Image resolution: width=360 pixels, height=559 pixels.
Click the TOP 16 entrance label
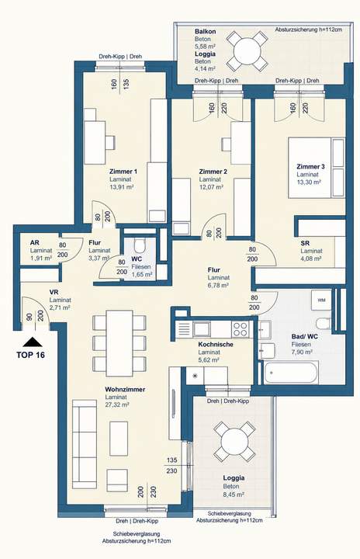(x=31, y=355)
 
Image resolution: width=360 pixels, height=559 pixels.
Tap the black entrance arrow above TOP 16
(x=33, y=342)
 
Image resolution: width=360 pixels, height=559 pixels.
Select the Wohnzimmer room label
(x=125, y=389)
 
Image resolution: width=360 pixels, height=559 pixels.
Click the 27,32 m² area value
(x=117, y=404)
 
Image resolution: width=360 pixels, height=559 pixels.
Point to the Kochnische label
(x=216, y=345)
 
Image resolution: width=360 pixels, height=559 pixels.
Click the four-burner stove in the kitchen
(x=240, y=329)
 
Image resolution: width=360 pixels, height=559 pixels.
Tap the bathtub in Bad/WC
(x=291, y=373)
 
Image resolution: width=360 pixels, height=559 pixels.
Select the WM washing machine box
(x=321, y=300)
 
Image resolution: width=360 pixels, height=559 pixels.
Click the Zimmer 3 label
(x=310, y=166)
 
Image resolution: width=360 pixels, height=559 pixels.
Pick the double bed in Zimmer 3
(x=317, y=168)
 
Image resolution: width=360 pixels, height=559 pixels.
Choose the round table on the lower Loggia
(x=234, y=442)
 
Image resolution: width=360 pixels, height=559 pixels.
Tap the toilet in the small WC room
(x=140, y=245)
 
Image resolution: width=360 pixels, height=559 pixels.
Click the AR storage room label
(x=35, y=243)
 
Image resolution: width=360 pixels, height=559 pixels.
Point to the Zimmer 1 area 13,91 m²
(x=122, y=187)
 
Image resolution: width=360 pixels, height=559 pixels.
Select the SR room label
(x=305, y=243)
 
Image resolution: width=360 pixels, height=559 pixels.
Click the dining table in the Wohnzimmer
(x=119, y=343)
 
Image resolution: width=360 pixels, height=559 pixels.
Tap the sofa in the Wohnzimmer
(x=85, y=444)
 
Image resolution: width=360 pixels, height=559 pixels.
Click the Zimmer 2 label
(x=213, y=172)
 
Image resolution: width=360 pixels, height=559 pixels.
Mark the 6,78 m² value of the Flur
(x=218, y=285)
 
